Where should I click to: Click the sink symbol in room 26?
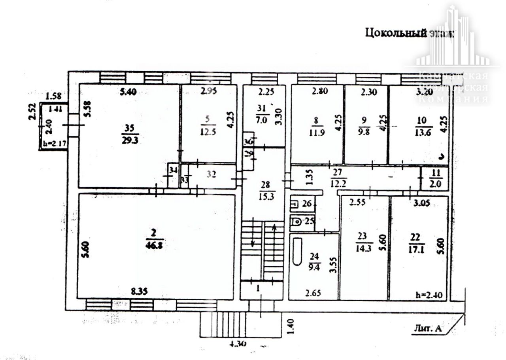point(295,205)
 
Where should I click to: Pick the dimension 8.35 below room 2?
point(139,292)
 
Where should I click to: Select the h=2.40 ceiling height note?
point(429,295)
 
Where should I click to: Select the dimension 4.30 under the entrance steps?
point(238,344)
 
